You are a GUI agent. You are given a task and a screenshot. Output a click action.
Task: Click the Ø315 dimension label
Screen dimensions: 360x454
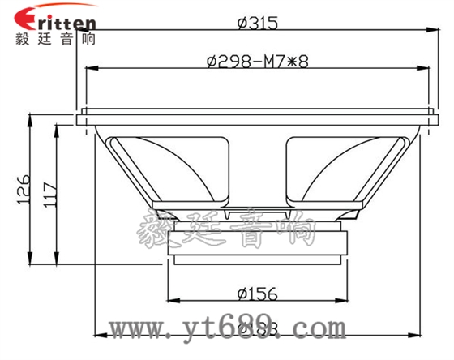[258, 24]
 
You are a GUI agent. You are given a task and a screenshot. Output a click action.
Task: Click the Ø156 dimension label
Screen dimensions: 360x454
[258, 293]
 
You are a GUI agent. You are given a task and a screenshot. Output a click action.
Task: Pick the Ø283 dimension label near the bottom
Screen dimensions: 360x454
[258, 327]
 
